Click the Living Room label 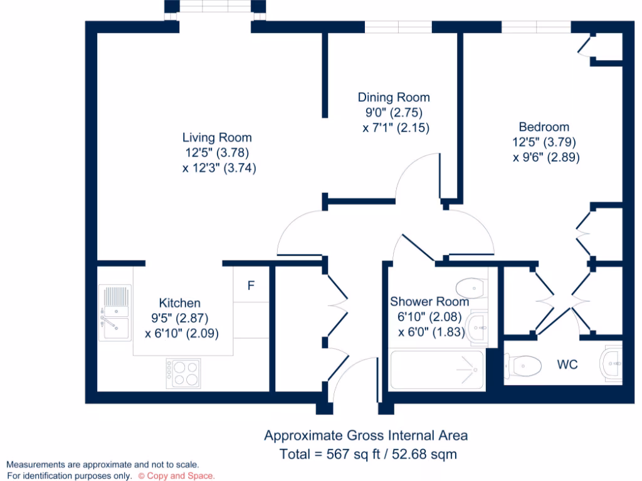click(x=217, y=137)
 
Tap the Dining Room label click(x=394, y=97)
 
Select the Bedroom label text click(x=544, y=127)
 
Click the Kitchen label click(x=179, y=303)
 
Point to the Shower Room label click(x=429, y=302)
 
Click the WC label click(x=567, y=364)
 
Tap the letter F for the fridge click(x=251, y=286)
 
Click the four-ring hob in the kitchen click(x=183, y=373)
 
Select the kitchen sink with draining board click(x=115, y=312)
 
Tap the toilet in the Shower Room click(x=471, y=287)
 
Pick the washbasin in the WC click(x=611, y=363)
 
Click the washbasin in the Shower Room click(x=477, y=326)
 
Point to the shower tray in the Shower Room click(x=436, y=371)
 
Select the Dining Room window click(x=398, y=26)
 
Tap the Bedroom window click(x=536, y=26)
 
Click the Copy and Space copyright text click(x=176, y=476)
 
